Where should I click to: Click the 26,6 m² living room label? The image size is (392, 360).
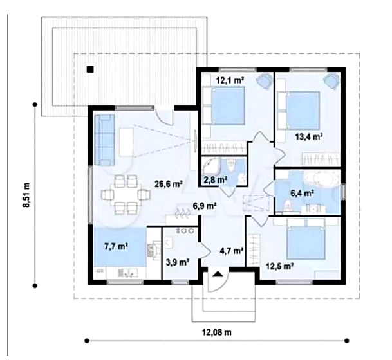click(x=168, y=184)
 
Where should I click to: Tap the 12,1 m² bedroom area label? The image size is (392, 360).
click(x=230, y=80)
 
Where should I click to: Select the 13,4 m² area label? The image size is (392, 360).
click(x=309, y=136)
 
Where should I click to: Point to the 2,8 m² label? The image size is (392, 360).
click(x=216, y=179)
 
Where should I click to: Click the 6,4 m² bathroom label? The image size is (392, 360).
click(x=302, y=193)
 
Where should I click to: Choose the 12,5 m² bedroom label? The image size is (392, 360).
click(x=280, y=266)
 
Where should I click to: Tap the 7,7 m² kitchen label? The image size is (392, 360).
click(x=117, y=246)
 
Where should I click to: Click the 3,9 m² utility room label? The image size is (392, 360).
click(x=178, y=262)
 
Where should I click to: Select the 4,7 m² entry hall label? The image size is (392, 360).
click(x=232, y=250)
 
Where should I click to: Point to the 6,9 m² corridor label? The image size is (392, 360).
click(x=205, y=206)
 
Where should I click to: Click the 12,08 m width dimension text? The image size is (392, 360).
click(x=216, y=332)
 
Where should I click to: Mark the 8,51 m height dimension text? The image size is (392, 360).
click(x=26, y=195)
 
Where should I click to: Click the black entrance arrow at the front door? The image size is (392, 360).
click(x=218, y=274)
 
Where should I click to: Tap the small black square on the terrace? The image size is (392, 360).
click(x=90, y=69)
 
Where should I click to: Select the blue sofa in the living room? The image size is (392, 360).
click(x=104, y=139)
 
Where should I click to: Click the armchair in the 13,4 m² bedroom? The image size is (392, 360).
click(x=331, y=80)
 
